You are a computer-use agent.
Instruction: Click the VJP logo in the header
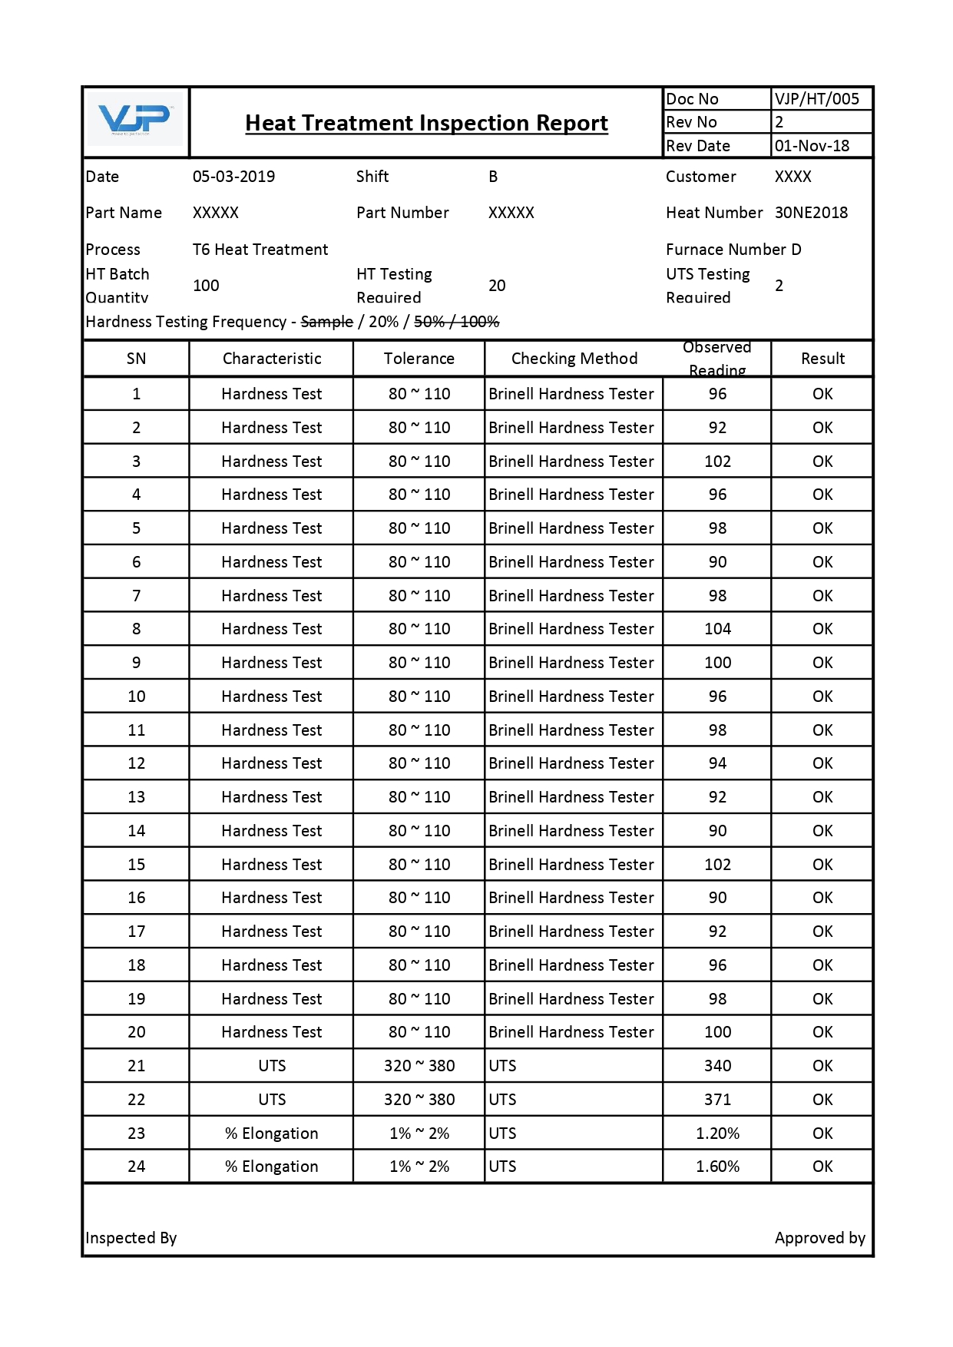pyautogui.click(x=135, y=120)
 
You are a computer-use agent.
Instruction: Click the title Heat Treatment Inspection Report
pyautogui.click(x=426, y=123)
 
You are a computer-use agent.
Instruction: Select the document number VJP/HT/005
pyautogui.click(x=816, y=99)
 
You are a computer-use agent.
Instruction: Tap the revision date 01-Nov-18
pyautogui.click(x=812, y=146)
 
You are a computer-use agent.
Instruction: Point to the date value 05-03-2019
pyautogui.click(x=233, y=177)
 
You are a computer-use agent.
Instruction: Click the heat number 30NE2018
pyautogui.click(x=811, y=213)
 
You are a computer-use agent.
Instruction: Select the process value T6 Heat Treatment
pyautogui.click(x=260, y=250)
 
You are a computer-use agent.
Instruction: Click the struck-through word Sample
pyautogui.click(x=326, y=322)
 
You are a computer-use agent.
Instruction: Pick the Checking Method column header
pyautogui.click(x=574, y=359)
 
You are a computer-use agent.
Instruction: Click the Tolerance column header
pyautogui.click(x=419, y=359)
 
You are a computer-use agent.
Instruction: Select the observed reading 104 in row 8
pyautogui.click(x=717, y=629)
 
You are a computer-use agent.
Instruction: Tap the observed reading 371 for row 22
pyautogui.click(x=717, y=1100)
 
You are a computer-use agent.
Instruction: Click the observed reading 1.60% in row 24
pyautogui.click(x=717, y=1167)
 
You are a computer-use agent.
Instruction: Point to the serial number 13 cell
pyautogui.click(x=136, y=797)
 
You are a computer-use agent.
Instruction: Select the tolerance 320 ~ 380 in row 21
pyautogui.click(x=419, y=1066)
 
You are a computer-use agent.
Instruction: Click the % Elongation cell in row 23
pyautogui.click(x=271, y=1134)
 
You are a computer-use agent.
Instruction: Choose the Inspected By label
pyautogui.click(x=131, y=1238)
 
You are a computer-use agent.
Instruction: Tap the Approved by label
pyautogui.click(x=819, y=1238)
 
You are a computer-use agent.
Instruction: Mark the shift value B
pyautogui.click(x=493, y=177)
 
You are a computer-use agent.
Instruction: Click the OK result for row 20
pyautogui.click(x=822, y=1032)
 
